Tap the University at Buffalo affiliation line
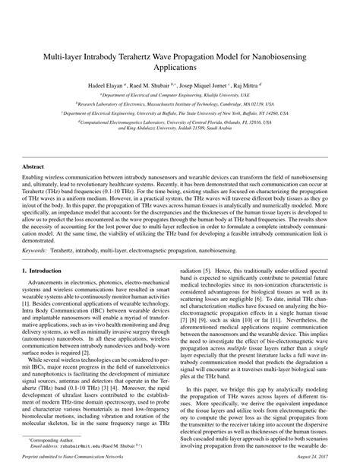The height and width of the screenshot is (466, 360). [x=180, y=112]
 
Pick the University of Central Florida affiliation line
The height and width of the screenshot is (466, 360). [x=180, y=122]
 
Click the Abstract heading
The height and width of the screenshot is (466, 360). [x=33, y=165]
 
